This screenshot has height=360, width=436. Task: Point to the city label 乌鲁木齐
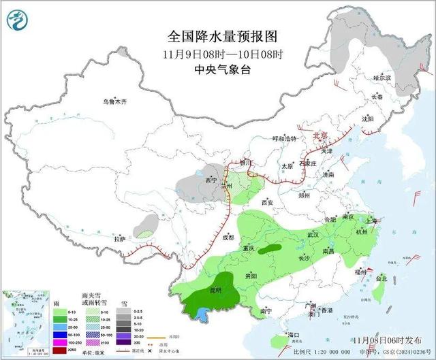pos(115,101)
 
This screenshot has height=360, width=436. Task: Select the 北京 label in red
pos(320,135)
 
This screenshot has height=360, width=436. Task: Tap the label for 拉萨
pos(120,239)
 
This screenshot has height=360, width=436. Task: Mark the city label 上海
pos(371,220)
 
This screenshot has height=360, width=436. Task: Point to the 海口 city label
pos(294,336)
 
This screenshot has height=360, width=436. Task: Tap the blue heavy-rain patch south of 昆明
pos(201,312)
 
